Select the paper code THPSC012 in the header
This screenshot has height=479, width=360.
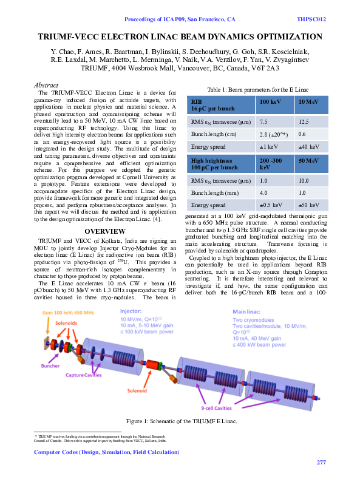(x=311, y=19)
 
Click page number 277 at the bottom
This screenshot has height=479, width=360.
(x=322, y=463)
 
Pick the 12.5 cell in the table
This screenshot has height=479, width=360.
(x=304, y=122)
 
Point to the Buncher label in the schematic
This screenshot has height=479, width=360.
(x=50, y=366)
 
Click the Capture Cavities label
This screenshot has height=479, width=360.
(x=83, y=375)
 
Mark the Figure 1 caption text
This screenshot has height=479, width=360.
(x=181, y=421)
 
